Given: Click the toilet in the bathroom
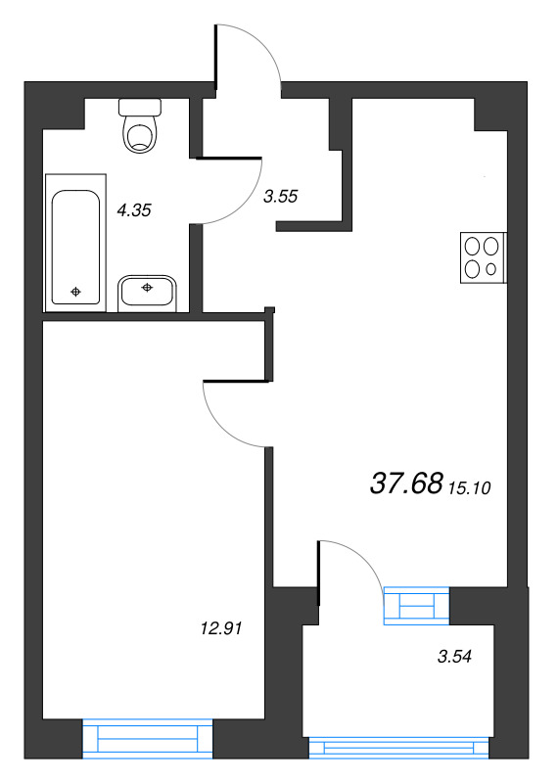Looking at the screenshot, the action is pyautogui.click(x=140, y=126).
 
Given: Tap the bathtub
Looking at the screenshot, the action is pyautogui.click(x=76, y=243).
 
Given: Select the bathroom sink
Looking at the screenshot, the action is pyautogui.click(x=148, y=294).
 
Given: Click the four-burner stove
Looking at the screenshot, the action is pyautogui.click(x=483, y=257).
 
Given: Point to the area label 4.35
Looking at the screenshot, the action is pyautogui.click(x=133, y=210).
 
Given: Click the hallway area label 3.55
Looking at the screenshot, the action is pyautogui.click(x=280, y=197).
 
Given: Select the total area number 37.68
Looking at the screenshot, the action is pyautogui.click(x=406, y=484).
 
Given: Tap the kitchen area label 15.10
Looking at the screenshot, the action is pyautogui.click(x=470, y=487).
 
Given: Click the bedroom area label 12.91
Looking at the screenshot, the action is pyautogui.click(x=221, y=628).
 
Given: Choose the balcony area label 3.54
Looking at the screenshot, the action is pyautogui.click(x=454, y=656).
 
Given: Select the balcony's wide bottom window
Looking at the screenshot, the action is pyautogui.click(x=398, y=747).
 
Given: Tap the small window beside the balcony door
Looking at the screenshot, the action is pyautogui.click(x=417, y=606).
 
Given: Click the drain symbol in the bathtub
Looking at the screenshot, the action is pyautogui.click(x=75, y=292).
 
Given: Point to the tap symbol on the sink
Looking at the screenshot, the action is pyautogui.click(x=147, y=287).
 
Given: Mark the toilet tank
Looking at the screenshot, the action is pyautogui.click(x=140, y=107).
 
